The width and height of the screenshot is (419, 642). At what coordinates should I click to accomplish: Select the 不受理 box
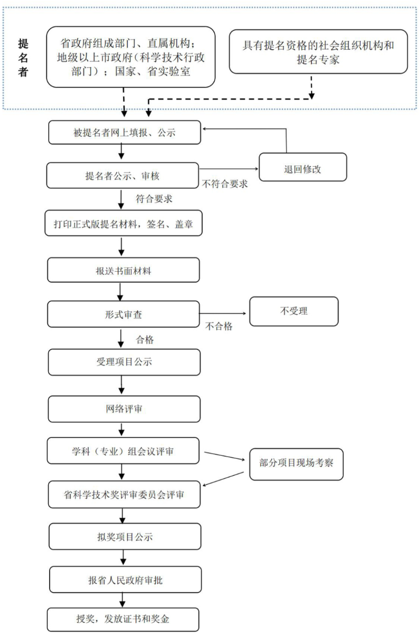(294, 311)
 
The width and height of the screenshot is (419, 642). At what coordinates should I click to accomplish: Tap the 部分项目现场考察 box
(296, 464)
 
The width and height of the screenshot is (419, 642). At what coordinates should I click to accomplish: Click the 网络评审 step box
(124, 409)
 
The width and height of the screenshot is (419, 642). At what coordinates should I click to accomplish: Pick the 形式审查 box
(124, 315)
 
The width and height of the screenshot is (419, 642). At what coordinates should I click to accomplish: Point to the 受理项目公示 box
(124, 362)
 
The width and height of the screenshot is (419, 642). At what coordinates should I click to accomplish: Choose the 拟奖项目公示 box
(124, 537)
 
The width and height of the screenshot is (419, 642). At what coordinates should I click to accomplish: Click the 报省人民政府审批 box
(124, 580)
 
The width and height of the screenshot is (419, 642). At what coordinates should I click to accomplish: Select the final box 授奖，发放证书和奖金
(124, 619)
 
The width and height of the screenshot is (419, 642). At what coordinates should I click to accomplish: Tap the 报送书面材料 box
(124, 271)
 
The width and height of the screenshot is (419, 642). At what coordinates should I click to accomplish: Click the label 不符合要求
(225, 184)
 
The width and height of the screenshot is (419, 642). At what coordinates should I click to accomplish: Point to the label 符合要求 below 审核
(154, 199)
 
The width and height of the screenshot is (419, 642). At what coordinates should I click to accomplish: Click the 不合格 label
(219, 326)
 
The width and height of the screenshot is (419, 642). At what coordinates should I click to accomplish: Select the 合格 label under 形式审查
(145, 340)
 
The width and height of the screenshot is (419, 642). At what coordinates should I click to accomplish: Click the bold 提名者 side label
(23, 58)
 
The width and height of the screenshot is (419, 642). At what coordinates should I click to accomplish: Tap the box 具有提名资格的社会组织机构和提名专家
(318, 52)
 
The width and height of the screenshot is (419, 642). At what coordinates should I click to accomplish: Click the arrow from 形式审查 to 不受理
(224, 314)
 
